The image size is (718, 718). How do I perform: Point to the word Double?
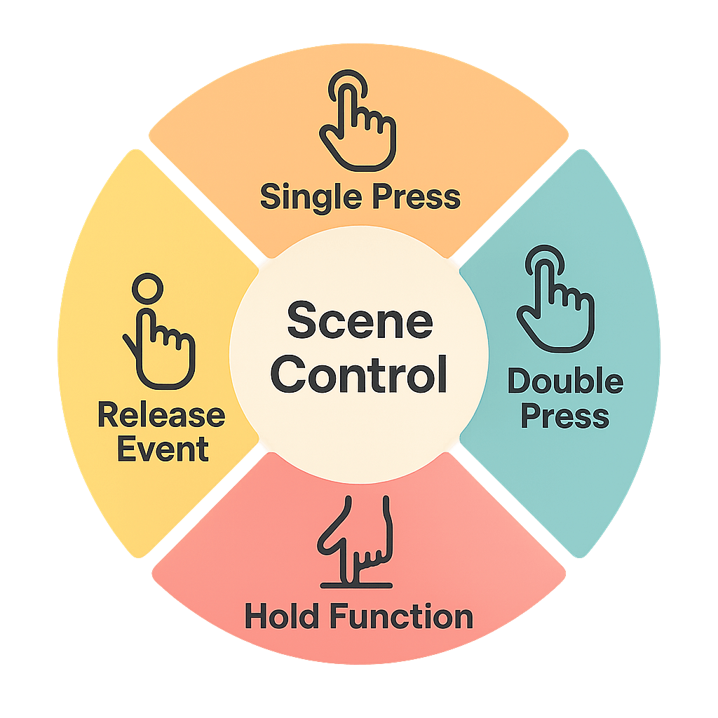coord(564,382)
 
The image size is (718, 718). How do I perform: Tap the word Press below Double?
coord(564,416)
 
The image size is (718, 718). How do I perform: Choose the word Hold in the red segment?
coord(283,617)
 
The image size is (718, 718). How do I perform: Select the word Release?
coord(161,415)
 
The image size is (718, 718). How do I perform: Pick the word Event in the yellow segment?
coord(163,449)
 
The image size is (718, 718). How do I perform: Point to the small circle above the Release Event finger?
coord(148,288)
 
